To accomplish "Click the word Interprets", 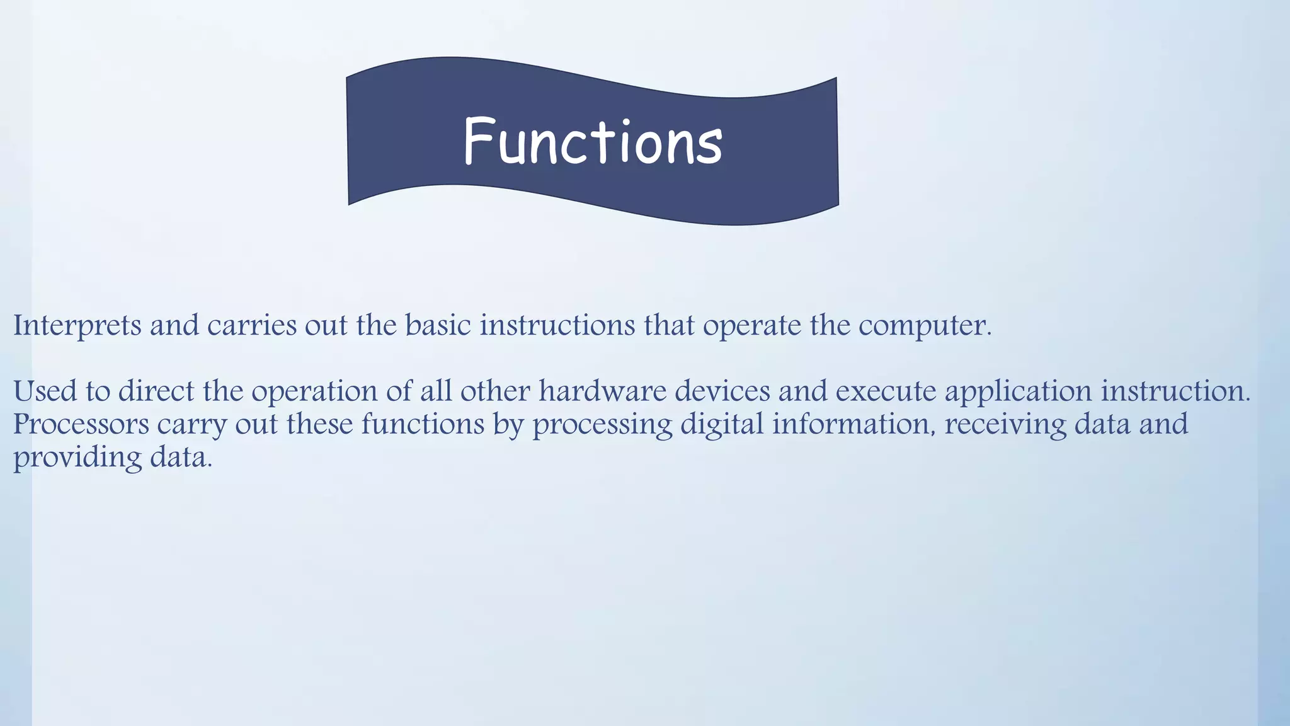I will coord(77,326).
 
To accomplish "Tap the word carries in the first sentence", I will coord(251,326).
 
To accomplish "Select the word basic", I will coord(438,326).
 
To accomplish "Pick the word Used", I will coord(45,391).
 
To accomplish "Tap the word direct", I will coord(156,391).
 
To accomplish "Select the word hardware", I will coord(602,391).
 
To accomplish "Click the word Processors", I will coord(81,424).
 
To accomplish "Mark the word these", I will coord(319,424).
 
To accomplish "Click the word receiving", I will coord(1005,425).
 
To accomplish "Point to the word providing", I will coord(77,458).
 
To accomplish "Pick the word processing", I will coord(602,425).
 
